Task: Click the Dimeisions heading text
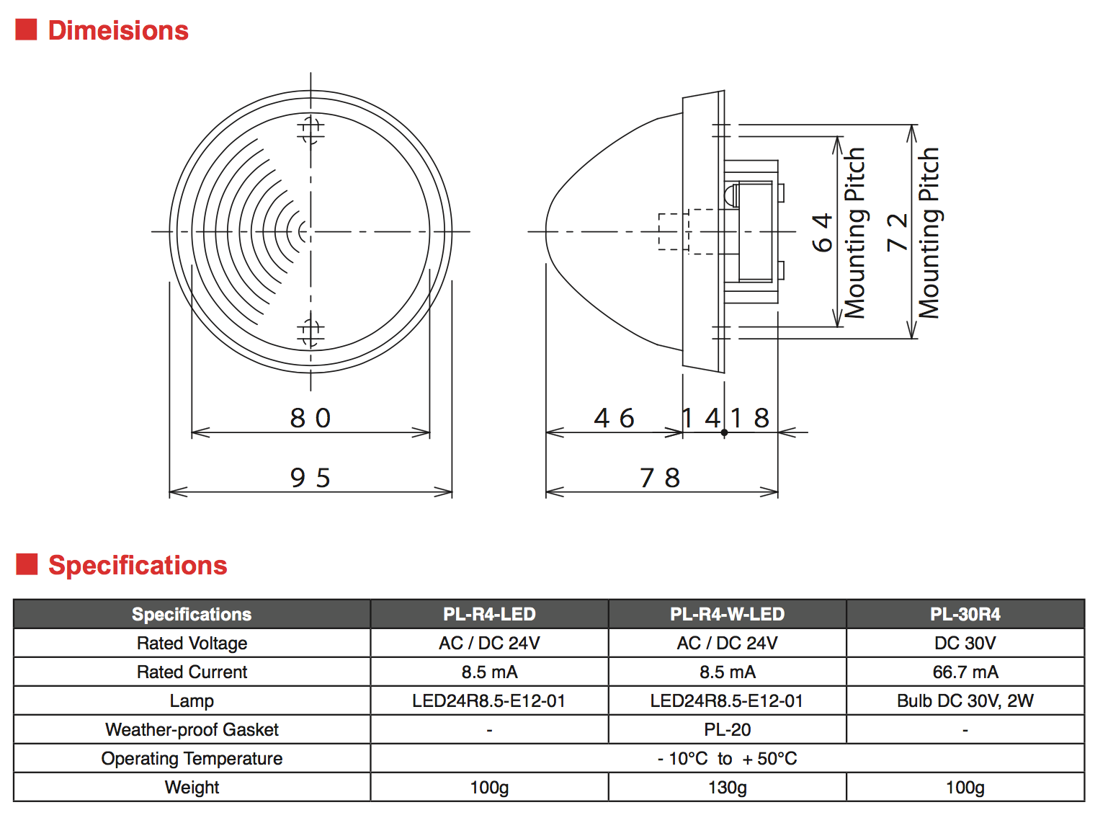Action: pyautogui.click(x=118, y=30)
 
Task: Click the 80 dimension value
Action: pyautogui.click(x=310, y=418)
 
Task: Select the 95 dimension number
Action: pyautogui.click(x=310, y=478)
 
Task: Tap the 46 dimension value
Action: pyautogui.click(x=614, y=418)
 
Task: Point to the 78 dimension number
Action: pyautogui.click(x=660, y=478)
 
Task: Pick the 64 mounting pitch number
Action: pyautogui.click(x=823, y=232)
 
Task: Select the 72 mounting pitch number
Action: pyautogui.click(x=897, y=232)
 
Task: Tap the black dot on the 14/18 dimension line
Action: pyautogui.click(x=724, y=432)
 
